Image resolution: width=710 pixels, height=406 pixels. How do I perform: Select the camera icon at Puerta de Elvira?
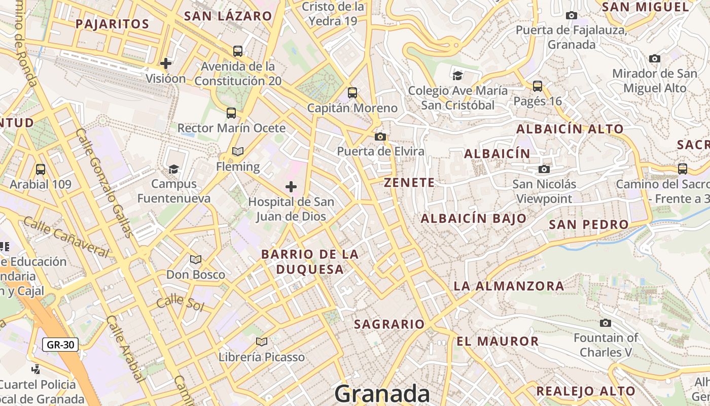[x=380, y=137]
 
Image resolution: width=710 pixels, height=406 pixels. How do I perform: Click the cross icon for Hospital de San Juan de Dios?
[x=291, y=187]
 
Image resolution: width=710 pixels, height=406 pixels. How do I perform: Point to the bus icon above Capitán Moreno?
[x=352, y=93]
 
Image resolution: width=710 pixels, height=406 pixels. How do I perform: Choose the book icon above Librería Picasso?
[x=261, y=342]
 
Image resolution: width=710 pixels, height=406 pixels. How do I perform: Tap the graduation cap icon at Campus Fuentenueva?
[x=173, y=168]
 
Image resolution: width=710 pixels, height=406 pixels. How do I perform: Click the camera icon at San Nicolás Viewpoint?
[x=544, y=169]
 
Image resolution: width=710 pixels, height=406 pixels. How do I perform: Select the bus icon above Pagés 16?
[x=538, y=86]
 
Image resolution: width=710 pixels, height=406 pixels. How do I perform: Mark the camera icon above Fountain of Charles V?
[x=605, y=323]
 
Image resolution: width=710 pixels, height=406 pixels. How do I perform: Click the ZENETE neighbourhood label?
[x=409, y=183]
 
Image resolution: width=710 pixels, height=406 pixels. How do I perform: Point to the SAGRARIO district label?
[x=389, y=324]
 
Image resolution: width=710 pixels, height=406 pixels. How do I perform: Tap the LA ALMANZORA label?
[x=509, y=286]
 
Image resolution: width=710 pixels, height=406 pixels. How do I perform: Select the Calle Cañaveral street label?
[x=66, y=236]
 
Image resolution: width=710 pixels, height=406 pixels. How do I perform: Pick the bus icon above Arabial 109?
[x=41, y=169]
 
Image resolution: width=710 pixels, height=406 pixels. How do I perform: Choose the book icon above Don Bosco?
[x=195, y=260]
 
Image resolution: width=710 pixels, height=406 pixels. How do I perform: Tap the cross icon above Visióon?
[x=165, y=63]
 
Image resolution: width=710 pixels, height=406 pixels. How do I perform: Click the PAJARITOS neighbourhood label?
[x=112, y=24]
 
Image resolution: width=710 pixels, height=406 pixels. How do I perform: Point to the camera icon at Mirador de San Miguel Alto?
[x=655, y=58]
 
